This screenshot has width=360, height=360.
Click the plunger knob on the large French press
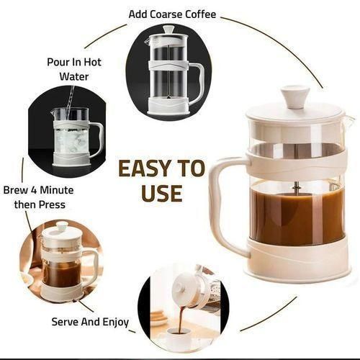[x=294, y=96]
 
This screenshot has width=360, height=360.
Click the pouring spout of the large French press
[x=347, y=120]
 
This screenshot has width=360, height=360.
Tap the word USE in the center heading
[x=161, y=193]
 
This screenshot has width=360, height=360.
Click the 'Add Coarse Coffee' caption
[x=172, y=14]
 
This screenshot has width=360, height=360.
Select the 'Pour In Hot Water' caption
[x=74, y=68]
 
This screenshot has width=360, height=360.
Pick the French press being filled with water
[x=72, y=137]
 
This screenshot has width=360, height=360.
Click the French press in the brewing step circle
[x=62, y=263]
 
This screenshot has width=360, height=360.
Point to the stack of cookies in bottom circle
[x=158, y=317]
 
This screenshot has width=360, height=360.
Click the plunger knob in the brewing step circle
[x=60, y=225]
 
